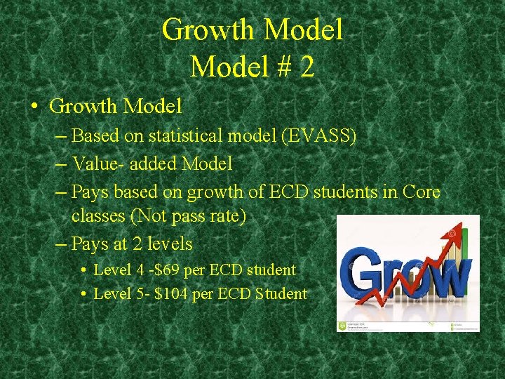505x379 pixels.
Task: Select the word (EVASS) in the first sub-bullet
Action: click(318, 135)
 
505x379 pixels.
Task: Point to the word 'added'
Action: click(152, 164)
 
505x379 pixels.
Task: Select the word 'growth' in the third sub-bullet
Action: click(201, 192)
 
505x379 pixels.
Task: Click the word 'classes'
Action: click(98, 216)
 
